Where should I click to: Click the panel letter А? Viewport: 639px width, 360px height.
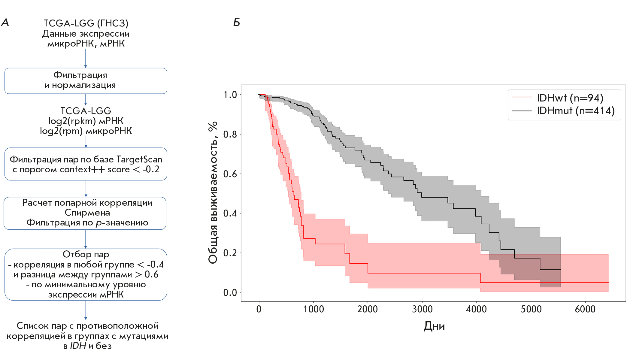pyautogui.click(x=5, y=23)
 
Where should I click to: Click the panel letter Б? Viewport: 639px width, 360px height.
pyautogui.click(x=237, y=23)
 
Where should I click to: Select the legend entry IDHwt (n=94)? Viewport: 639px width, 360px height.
pyautogui.click(x=570, y=98)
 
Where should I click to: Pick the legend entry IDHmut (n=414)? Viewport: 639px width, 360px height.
pyautogui.click(x=576, y=111)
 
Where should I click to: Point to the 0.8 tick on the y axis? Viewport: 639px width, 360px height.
pyautogui.click(x=230, y=134)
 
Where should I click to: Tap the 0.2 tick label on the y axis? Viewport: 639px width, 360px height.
pyautogui.click(x=230, y=253)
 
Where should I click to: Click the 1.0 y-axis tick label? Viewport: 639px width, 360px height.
pyautogui.click(x=230, y=95)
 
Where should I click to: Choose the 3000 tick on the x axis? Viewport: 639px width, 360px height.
pyautogui.click(x=422, y=309)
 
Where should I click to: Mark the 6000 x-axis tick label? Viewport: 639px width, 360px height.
pyautogui.click(x=585, y=309)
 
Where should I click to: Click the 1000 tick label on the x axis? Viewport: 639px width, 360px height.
pyautogui.click(x=313, y=309)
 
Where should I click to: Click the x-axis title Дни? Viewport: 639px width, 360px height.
pyautogui.click(x=434, y=326)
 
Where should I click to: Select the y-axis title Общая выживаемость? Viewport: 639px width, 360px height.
pyautogui.click(x=213, y=192)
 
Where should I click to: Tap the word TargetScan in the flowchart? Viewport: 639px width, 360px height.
pyautogui.click(x=139, y=159)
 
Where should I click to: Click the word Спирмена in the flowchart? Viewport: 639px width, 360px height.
pyautogui.click(x=87, y=213)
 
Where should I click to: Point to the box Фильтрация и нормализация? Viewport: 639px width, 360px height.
pyautogui.click(x=86, y=80)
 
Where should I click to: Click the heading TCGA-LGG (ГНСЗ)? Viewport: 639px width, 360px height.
pyautogui.click(x=86, y=23)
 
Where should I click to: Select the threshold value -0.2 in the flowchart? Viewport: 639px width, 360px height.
pyautogui.click(x=151, y=169)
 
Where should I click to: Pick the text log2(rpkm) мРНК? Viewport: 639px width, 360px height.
pyautogui.click(x=86, y=121)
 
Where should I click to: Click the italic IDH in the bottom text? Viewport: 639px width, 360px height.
pyautogui.click(x=78, y=346)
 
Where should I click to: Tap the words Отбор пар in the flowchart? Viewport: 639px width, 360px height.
pyautogui.click(x=86, y=254)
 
